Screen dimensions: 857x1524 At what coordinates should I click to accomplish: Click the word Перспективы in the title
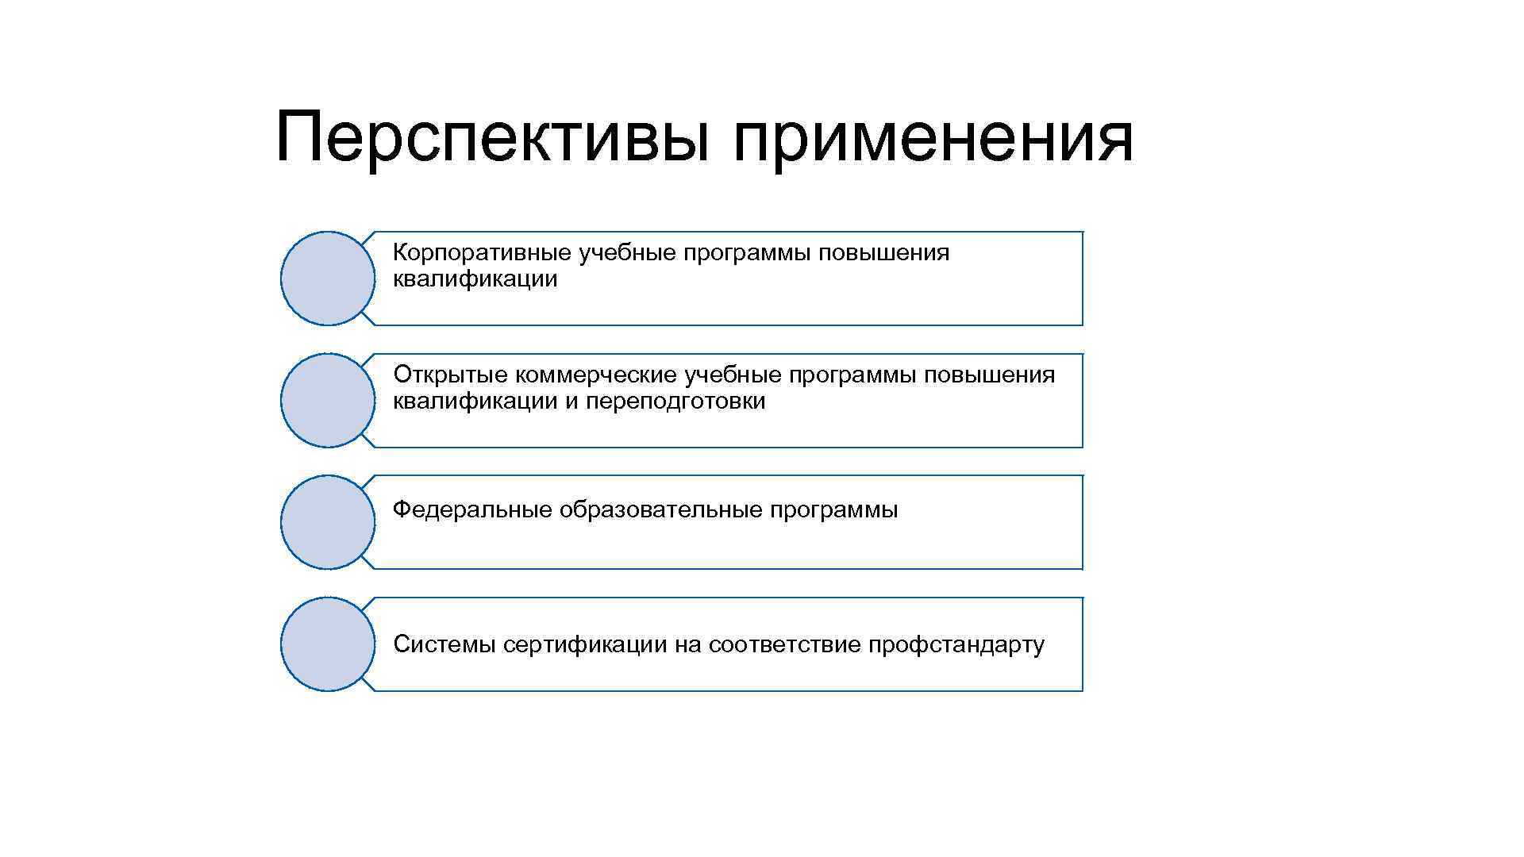click(491, 139)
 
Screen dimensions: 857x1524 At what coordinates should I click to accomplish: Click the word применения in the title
click(933, 139)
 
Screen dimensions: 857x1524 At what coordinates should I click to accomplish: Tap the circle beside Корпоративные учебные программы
click(327, 279)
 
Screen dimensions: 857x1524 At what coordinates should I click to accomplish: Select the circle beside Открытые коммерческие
click(327, 401)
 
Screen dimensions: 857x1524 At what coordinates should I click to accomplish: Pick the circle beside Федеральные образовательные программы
click(327, 522)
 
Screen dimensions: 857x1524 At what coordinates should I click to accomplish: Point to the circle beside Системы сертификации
click(327, 644)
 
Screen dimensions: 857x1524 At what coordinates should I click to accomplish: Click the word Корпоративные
click(482, 253)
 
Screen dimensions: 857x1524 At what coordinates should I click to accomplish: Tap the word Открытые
click(450, 375)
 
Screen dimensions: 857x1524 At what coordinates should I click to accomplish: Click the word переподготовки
click(675, 402)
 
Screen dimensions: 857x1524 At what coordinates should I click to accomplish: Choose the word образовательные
click(660, 509)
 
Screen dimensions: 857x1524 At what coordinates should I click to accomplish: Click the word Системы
click(444, 644)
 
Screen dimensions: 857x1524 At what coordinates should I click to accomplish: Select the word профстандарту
click(956, 644)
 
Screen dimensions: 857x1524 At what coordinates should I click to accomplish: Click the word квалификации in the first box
click(475, 279)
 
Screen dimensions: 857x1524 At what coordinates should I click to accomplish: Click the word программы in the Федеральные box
click(833, 509)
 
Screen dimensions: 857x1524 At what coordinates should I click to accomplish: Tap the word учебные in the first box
click(627, 253)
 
